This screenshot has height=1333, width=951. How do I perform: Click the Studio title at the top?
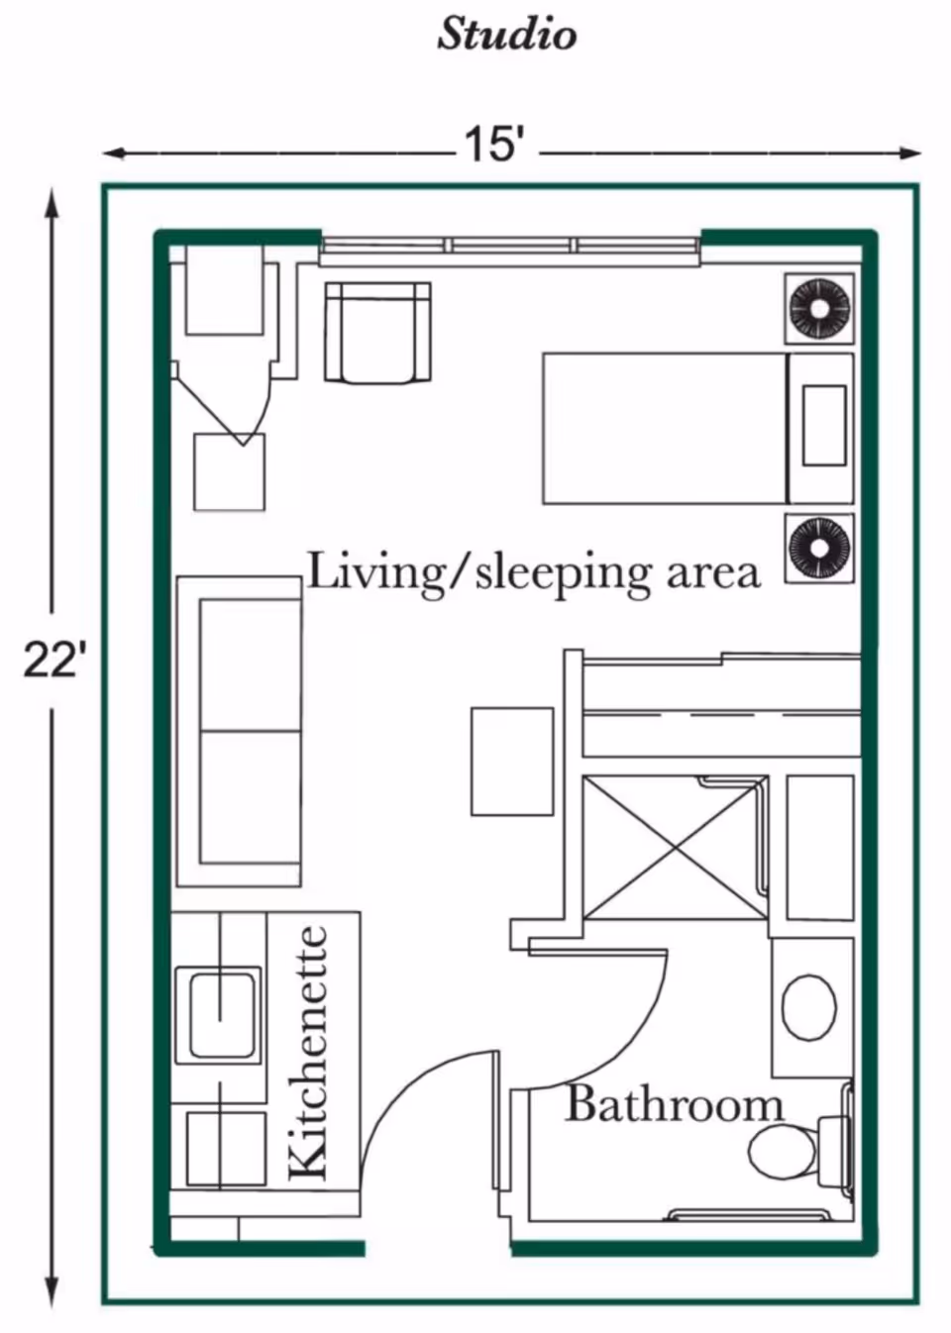pos(506,35)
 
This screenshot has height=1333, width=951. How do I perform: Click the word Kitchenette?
pos(310,1053)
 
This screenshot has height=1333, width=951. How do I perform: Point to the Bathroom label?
pos(674,1104)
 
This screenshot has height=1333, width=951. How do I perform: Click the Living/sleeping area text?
pos(533,572)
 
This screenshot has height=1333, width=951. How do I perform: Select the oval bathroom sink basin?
pos(809,1007)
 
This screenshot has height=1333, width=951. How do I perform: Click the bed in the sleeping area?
pos(664,428)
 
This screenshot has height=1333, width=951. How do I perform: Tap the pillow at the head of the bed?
pos(824,426)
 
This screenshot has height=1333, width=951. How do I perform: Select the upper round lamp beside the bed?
pos(819,308)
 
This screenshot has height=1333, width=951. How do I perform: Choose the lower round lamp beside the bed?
pos(819,548)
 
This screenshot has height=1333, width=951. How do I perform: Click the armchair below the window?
pos(377,332)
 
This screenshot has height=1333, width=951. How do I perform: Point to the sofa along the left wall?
pos(239,731)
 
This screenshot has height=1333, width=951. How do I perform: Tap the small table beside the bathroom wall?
pos(511,761)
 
